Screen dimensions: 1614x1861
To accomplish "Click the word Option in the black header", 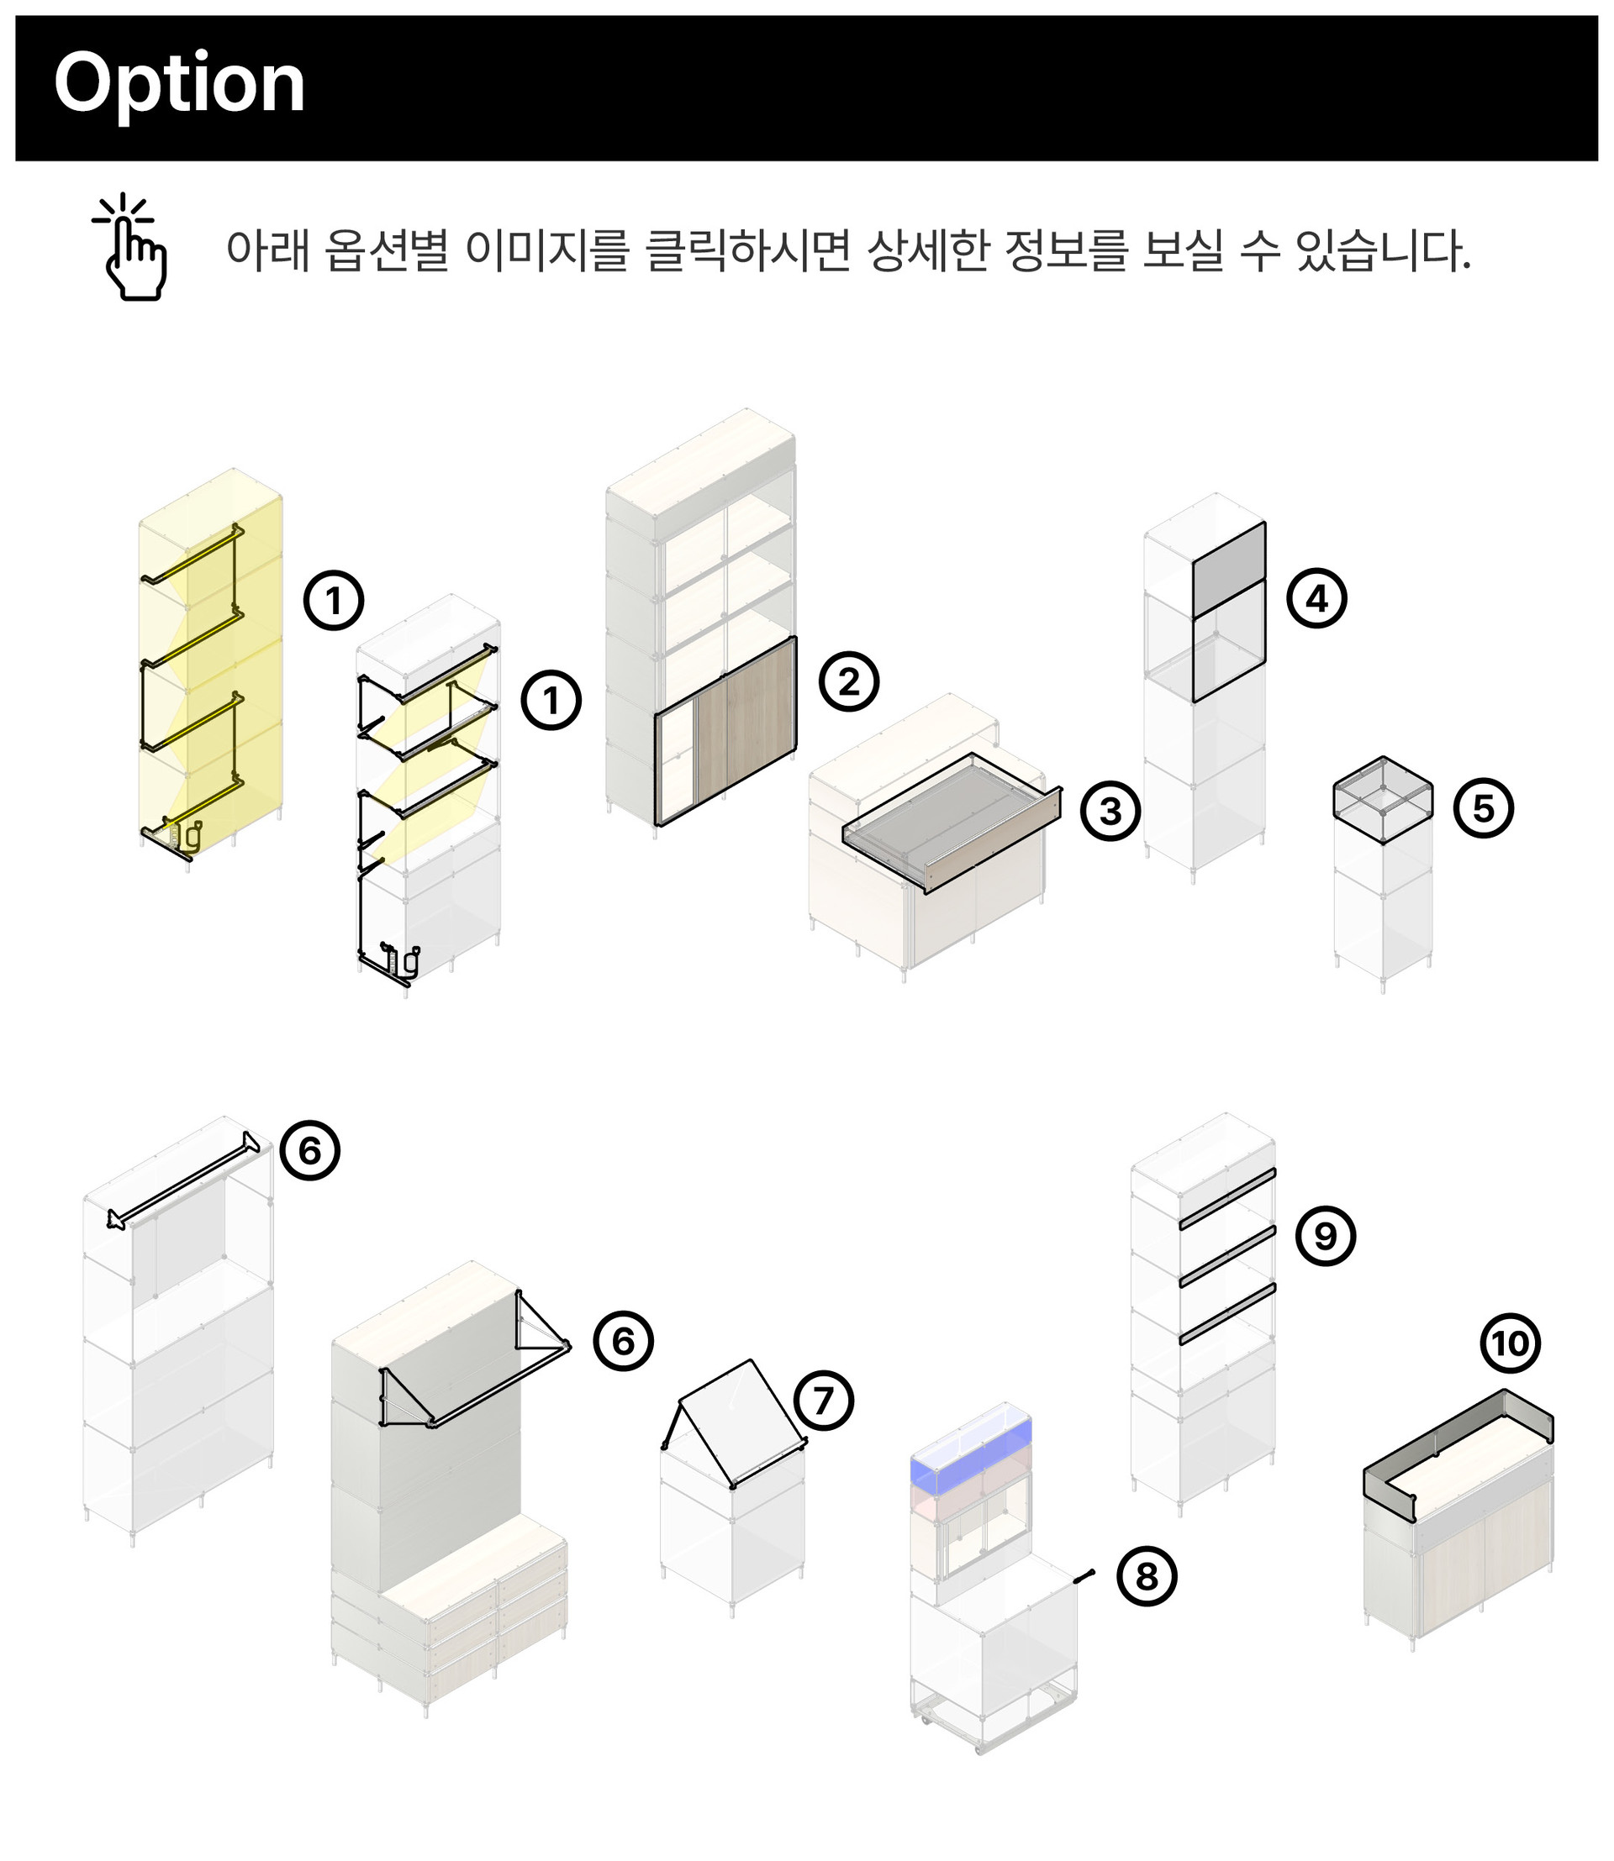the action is coord(179,85).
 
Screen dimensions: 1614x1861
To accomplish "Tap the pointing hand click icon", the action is coord(131,247).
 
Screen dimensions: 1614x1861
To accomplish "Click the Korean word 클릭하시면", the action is coord(748,250).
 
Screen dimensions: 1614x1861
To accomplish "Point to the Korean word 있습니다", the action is coord(1383,250).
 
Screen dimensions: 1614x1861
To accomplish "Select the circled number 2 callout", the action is coord(848,681).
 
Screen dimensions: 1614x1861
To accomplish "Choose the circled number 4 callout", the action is coord(1316,598).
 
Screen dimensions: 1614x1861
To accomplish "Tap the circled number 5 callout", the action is coord(1484,807).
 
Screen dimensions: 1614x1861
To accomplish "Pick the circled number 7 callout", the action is coord(823,1400).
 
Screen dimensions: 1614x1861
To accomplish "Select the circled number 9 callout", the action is coord(1326,1235).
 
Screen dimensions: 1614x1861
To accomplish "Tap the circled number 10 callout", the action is coord(1511,1343).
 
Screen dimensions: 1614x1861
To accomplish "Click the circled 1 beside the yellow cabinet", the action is coord(333,600).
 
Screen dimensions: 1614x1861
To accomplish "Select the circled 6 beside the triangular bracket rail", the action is coord(623,1341).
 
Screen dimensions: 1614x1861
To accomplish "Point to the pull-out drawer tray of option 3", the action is coord(951,821).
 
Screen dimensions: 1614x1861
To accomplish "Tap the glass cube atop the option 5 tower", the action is coord(1383,800).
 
